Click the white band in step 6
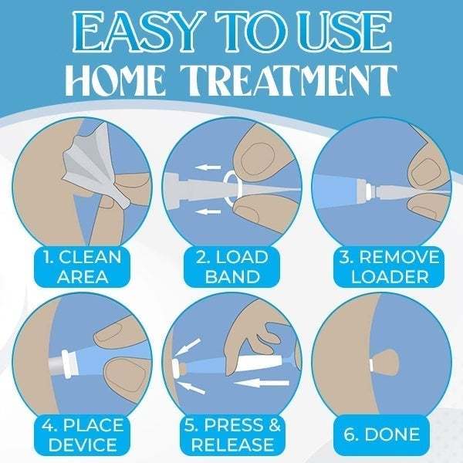[x=372, y=363]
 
